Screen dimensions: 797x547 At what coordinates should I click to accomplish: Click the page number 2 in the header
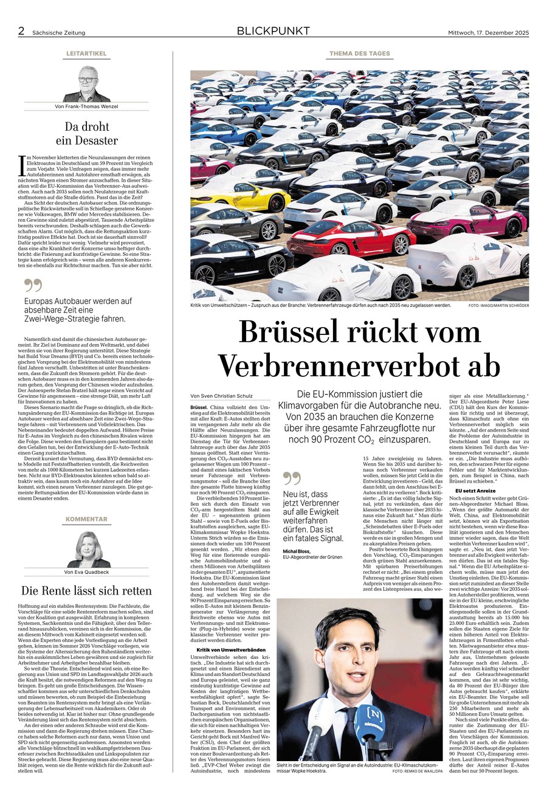point(21,31)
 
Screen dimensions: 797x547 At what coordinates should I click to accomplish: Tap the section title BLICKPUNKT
point(273,31)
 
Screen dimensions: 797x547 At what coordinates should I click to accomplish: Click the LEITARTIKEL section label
point(86,54)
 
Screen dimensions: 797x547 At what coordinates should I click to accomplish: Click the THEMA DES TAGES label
point(359,54)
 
